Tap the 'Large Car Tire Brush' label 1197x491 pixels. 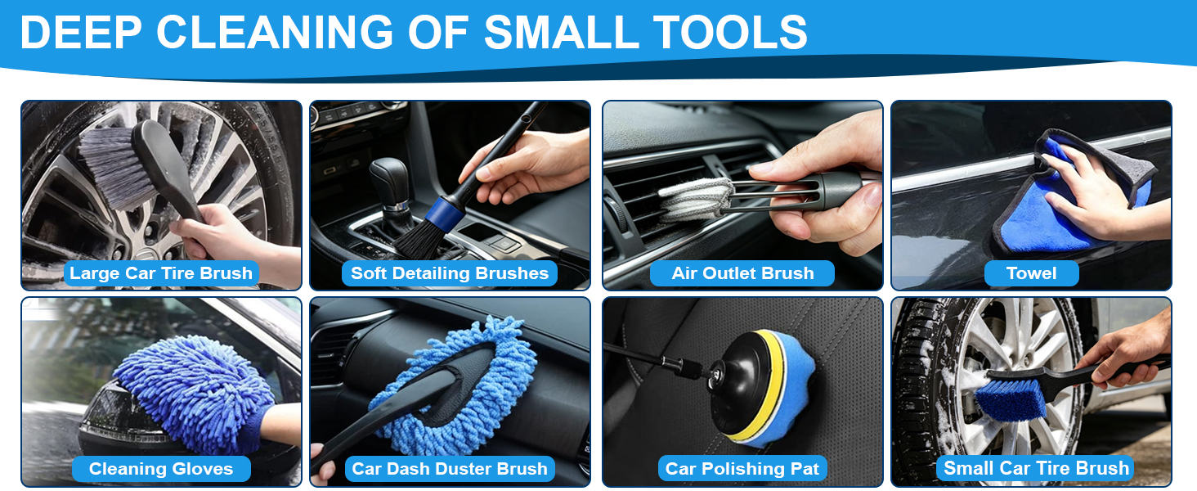[x=161, y=273]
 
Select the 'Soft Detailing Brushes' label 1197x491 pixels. [x=450, y=273]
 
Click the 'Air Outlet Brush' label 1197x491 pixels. [x=742, y=273]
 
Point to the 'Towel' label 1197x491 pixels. [x=1031, y=273]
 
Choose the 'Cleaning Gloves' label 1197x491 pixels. [x=161, y=469]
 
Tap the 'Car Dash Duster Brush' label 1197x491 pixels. [x=450, y=469]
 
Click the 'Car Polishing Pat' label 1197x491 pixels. [x=742, y=469]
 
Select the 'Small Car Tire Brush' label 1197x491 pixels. [x=1036, y=469]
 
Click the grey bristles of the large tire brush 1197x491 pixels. [x=115, y=166]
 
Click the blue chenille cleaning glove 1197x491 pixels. [x=195, y=391]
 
